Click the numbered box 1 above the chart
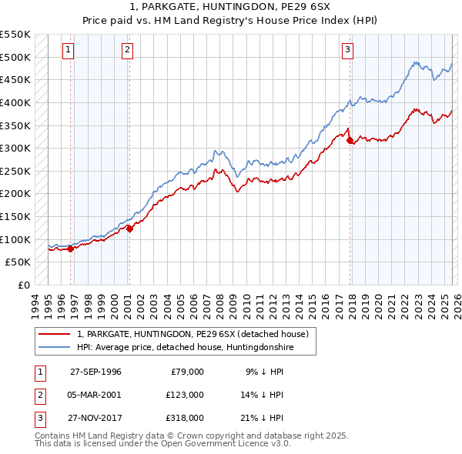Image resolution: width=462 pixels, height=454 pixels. (68, 50)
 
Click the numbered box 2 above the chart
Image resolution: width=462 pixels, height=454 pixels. (127, 50)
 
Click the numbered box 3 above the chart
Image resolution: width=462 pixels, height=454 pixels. (347, 50)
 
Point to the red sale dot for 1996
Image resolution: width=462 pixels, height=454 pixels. (71, 249)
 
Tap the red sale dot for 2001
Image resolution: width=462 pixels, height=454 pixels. (130, 228)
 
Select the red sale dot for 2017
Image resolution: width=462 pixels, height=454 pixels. (350, 140)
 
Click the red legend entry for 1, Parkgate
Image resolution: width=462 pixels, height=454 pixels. (192, 334)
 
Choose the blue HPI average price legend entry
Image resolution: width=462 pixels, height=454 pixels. (185, 347)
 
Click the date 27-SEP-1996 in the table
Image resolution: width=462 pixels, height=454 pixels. (95, 372)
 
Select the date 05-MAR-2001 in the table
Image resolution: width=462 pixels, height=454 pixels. (95, 395)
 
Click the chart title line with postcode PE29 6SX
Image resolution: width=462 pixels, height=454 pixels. (231, 8)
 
